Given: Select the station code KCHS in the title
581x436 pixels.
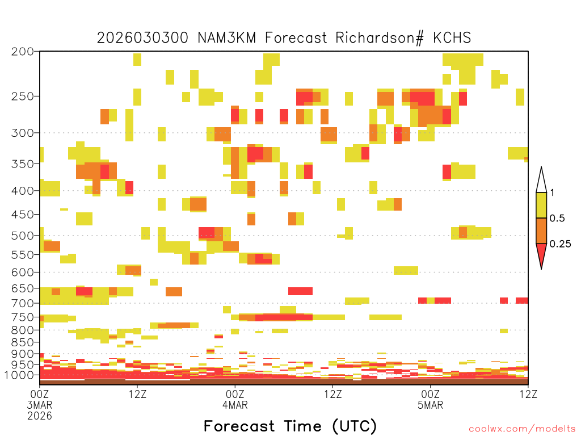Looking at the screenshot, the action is click(452, 38).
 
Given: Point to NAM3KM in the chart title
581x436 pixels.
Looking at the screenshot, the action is click(227, 38).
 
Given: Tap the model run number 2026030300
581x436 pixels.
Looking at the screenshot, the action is click(142, 38).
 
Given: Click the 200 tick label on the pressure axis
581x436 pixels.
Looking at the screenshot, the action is click(23, 52).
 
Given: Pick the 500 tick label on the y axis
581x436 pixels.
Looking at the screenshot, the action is click(23, 236).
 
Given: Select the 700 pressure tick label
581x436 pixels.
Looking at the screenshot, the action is click(23, 303).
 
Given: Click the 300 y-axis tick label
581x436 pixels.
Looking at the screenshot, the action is click(23, 133).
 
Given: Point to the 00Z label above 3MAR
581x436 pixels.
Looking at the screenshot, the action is click(40, 394).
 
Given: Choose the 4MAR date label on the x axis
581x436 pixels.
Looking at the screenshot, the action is click(235, 405).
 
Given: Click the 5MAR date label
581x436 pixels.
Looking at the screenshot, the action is click(430, 405).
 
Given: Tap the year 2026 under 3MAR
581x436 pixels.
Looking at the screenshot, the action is click(40, 416).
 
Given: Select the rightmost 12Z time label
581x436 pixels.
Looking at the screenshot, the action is click(528, 394).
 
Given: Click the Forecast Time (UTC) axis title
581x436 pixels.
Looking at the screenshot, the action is click(290, 426).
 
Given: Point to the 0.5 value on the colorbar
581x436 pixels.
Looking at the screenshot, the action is click(557, 219).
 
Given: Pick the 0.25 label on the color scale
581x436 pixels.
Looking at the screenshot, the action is click(560, 244).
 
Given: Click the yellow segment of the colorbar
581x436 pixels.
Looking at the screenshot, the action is click(541, 205).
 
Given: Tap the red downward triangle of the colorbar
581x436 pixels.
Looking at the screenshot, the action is click(541, 254).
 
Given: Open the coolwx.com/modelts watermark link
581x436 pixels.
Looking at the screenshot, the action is click(522, 429).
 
